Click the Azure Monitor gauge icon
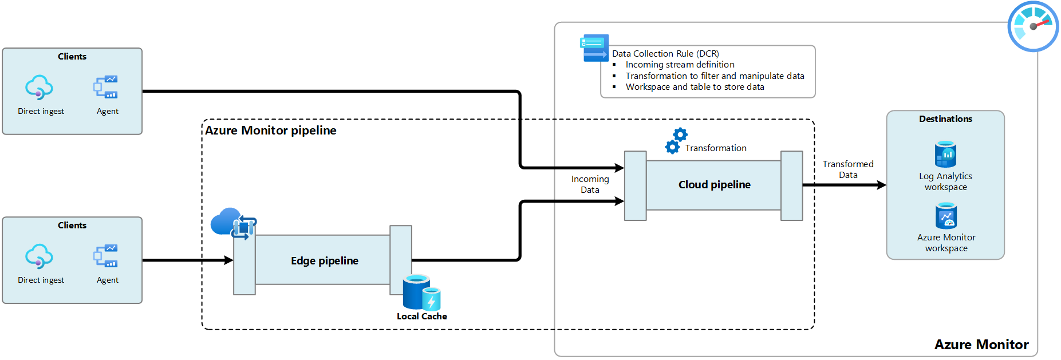click(x=1033, y=26)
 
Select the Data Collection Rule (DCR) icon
click(x=594, y=48)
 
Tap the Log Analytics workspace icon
click(x=945, y=154)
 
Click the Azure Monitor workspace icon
click(x=946, y=216)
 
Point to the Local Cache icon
click(x=421, y=292)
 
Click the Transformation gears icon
click(x=676, y=141)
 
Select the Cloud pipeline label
click(x=714, y=185)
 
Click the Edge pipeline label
click(x=324, y=261)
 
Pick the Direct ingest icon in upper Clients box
click(x=39, y=88)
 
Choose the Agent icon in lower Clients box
click(x=106, y=256)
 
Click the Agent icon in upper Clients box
click(x=106, y=87)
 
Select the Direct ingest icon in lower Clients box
click(x=39, y=256)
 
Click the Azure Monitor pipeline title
click(x=271, y=130)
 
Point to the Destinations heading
click(x=945, y=119)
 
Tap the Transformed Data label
click(x=848, y=169)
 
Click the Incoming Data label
click(x=590, y=184)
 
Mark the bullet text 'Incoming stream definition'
click(x=680, y=65)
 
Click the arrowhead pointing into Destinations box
click(x=881, y=185)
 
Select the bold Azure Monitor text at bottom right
click(x=981, y=345)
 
